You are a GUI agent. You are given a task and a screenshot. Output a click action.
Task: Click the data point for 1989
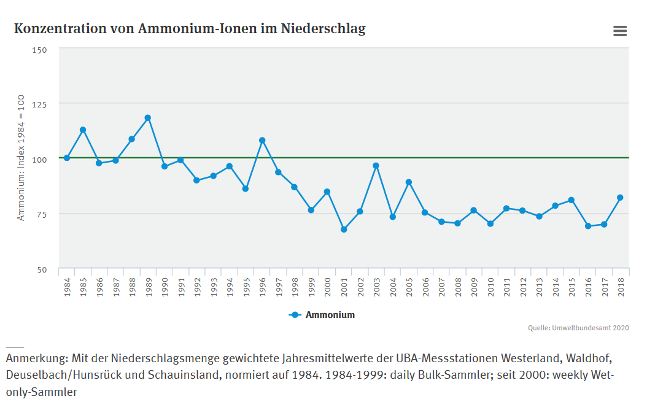pos(148,118)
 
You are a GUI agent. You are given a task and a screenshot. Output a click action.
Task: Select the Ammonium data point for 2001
pos(344,230)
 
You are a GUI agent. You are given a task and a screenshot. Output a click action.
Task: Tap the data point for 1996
pos(262,141)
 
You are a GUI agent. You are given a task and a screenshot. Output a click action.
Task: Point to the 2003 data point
pos(376,166)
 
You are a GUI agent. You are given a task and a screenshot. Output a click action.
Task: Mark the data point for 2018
pos(620,198)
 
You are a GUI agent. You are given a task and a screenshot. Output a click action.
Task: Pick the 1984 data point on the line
pos(67,158)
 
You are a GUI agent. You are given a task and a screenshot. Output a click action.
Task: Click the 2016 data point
pos(588,226)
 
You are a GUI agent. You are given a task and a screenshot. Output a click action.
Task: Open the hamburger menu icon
pos(620,31)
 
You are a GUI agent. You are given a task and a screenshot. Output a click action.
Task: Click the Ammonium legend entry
pos(322,315)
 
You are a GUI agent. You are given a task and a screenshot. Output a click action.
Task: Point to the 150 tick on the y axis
pos(40,49)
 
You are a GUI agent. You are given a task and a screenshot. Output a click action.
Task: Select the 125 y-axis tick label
pos(40,104)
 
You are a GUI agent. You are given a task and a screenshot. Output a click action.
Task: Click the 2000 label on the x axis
pos(328,287)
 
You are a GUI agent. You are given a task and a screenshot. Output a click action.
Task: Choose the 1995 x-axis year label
pos(246,287)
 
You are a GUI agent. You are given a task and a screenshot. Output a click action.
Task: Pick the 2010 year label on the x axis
pos(490,287)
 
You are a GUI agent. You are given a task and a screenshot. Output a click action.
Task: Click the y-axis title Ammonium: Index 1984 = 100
pos(21,158)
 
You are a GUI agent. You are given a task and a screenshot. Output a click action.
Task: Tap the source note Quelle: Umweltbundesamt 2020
pos(578,328)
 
